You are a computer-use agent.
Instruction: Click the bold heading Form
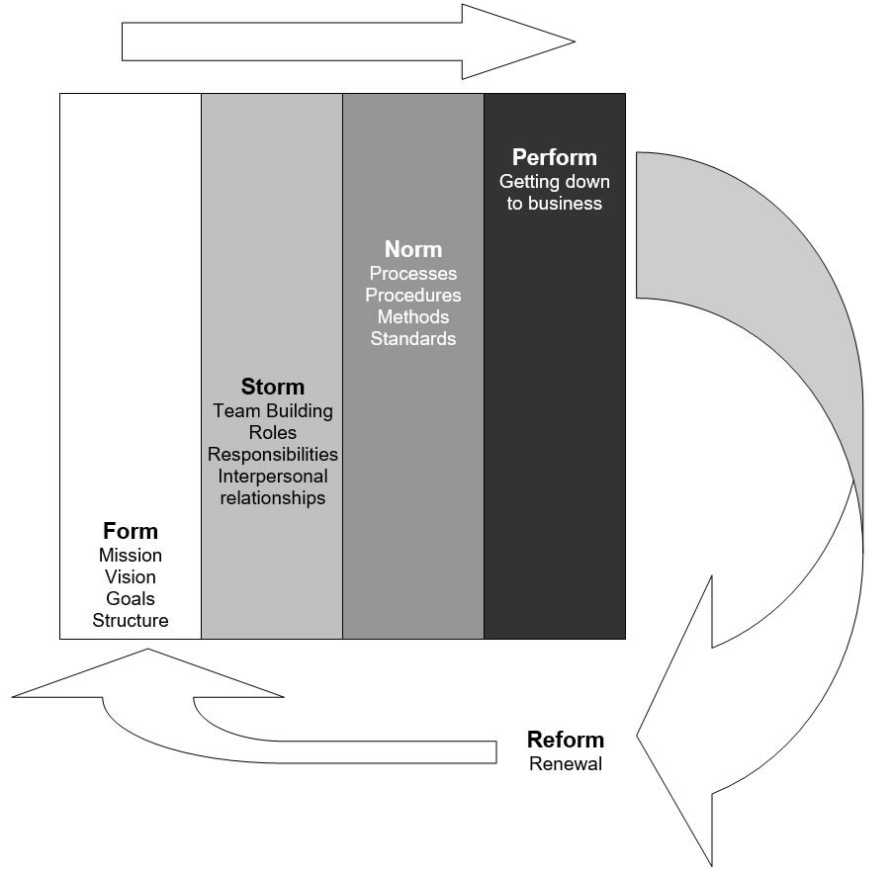click(131, 531)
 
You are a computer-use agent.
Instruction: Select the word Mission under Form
click(131, 555)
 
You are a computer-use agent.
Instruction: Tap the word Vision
click(131, 576)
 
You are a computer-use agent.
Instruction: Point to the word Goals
click(131, 598)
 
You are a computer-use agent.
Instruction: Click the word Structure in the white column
click(131, 620)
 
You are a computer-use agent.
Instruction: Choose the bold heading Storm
click(273, 387)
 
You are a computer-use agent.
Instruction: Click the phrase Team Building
click(273, 410)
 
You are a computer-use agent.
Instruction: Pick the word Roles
click(273, 432)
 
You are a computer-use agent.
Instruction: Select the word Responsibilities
click(273, 454)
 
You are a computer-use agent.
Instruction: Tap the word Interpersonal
click(273, 477)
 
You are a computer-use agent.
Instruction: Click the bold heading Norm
click(413, 249)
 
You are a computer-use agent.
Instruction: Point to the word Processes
click(413, 273)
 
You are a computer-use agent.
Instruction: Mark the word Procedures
click(413, 295)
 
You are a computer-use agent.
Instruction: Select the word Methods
click(413, 316)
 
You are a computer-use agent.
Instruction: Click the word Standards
click(413, 338)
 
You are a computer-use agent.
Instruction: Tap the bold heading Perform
click(555, 157)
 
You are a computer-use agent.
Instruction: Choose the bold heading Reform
click(566, 740)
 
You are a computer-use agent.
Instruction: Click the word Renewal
click(566, 763)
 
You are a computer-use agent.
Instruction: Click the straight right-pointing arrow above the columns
click(348, 42)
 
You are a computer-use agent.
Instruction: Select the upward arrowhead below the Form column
click(148, 674)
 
